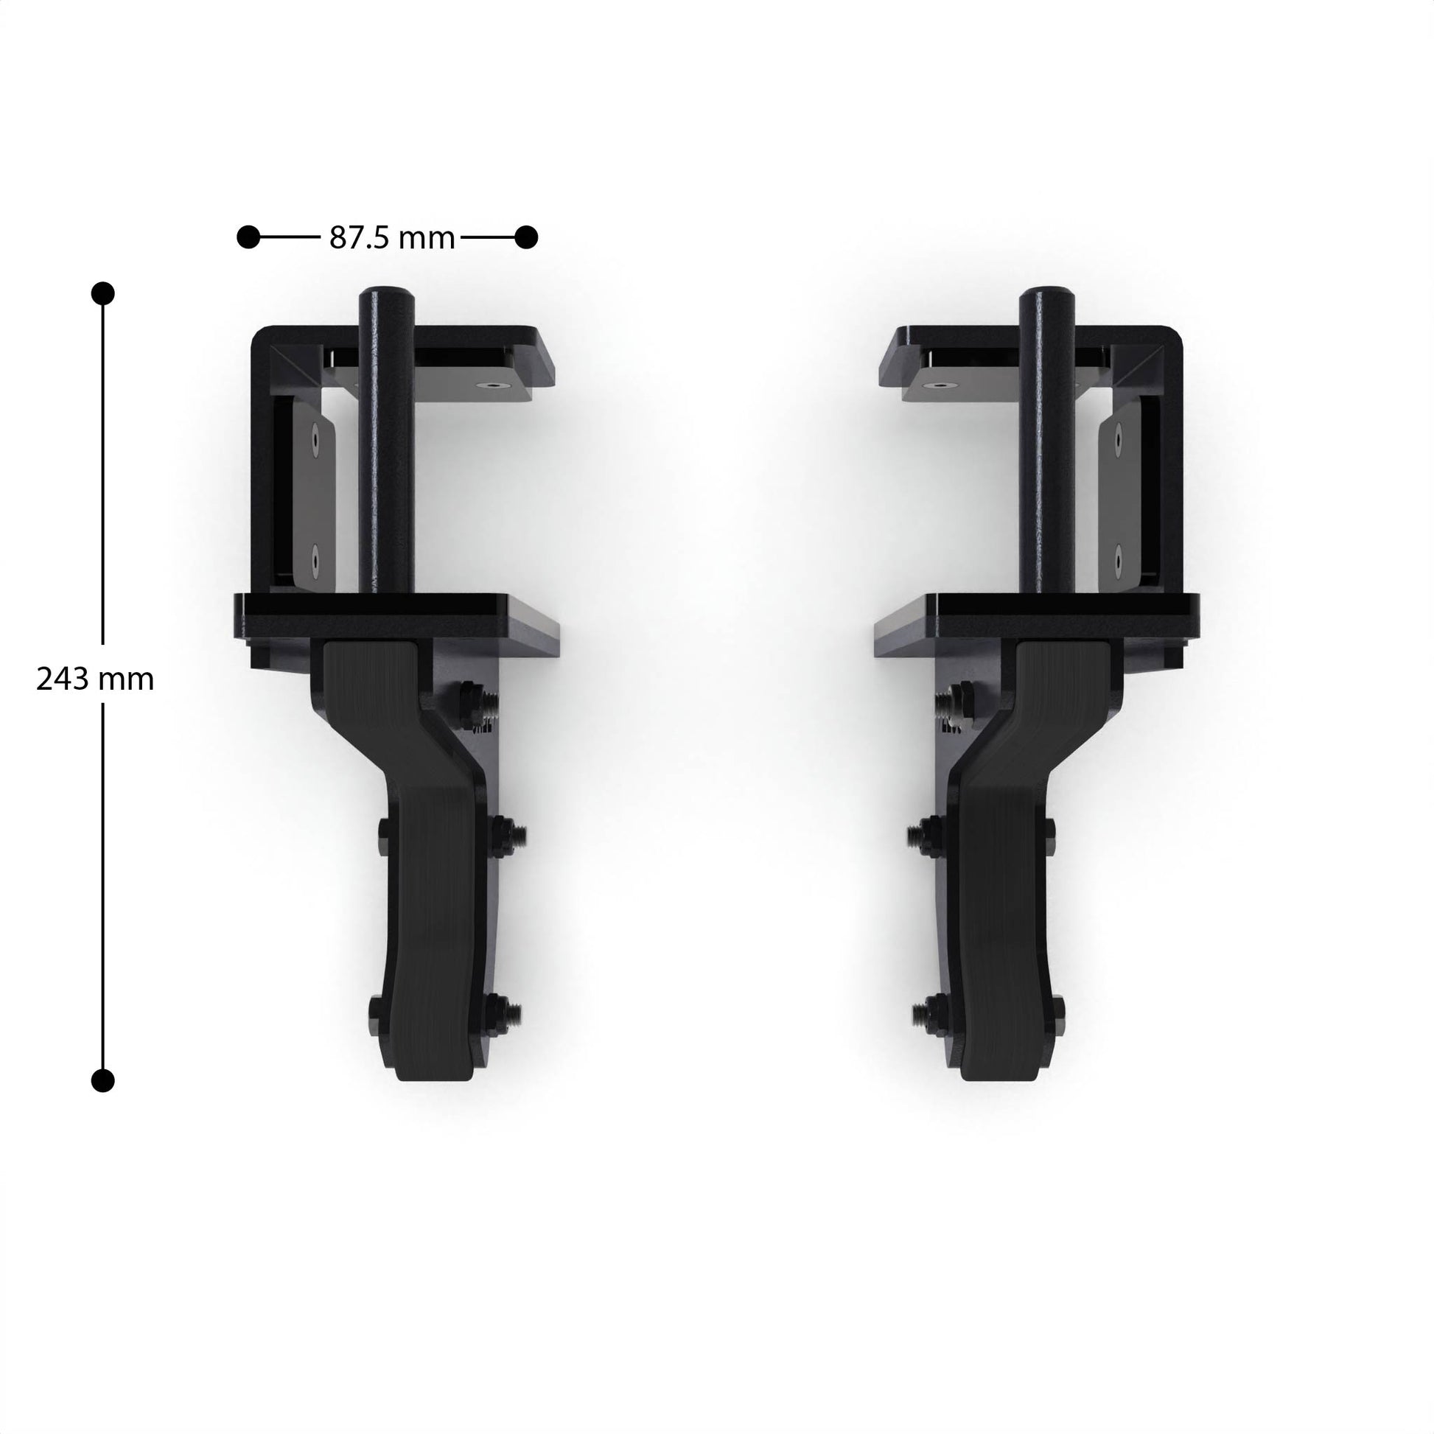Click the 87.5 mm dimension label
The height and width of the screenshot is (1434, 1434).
[x=392, y=238]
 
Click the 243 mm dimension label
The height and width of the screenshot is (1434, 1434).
[x=95, y=679]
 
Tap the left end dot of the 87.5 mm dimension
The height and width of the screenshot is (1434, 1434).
[x=248, y=237]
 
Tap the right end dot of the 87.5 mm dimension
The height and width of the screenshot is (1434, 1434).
[x=526, y=237]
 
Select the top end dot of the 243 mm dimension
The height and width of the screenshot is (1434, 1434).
[x=102, y=293]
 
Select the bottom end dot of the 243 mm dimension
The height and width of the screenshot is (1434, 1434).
[x=102, y=1080]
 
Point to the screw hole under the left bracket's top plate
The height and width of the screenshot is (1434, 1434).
[x=490, y=386]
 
